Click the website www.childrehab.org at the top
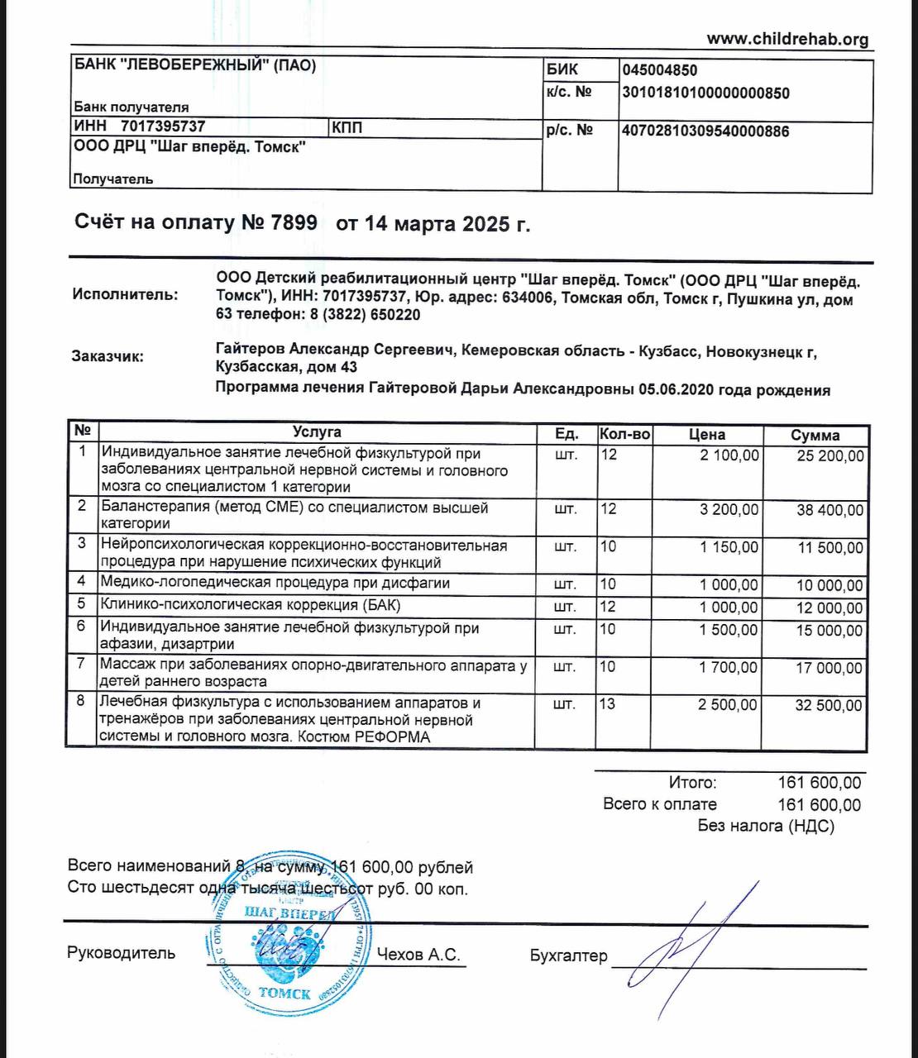(x=787, y=39)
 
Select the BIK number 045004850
(x=659, y=71)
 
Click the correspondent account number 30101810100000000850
(x=705, y=93)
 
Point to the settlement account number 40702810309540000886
(x=705, y=131)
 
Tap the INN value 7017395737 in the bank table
(x=163, y=126)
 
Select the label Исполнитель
(x=125, y=294)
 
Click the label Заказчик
(x=108, y=357)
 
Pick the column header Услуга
(x=316, y=432)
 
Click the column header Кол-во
(x=625, y=434)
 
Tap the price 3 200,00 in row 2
(x=729, y=509)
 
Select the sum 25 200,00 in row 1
(x=830, y=455)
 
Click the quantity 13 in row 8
(x=609, y=704)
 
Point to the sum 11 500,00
(x=830, y=548)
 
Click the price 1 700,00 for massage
(x=729, y=667)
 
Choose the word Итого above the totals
(x=692, y=783)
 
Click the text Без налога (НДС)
(x=766, y=826)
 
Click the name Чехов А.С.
(x=418, y=955)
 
